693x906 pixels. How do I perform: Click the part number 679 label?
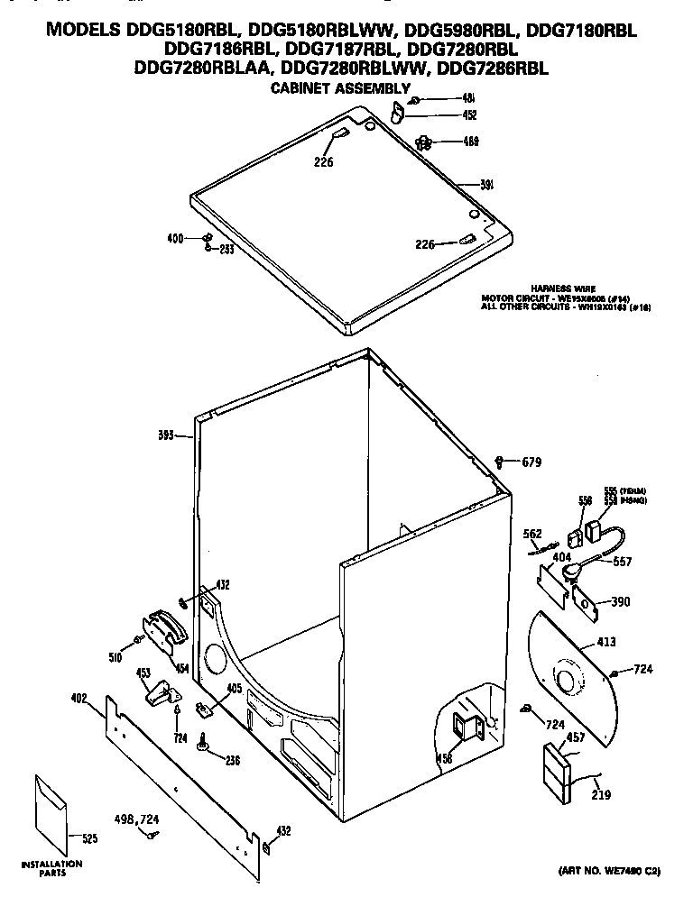533,463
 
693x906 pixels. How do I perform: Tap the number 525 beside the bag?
88,838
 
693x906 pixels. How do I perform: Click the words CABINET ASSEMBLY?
341,87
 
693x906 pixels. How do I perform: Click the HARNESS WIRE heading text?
563,288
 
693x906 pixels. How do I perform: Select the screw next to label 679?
501,462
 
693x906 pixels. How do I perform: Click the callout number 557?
623,562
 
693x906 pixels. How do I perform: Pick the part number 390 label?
620,602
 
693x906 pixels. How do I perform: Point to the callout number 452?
469,115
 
